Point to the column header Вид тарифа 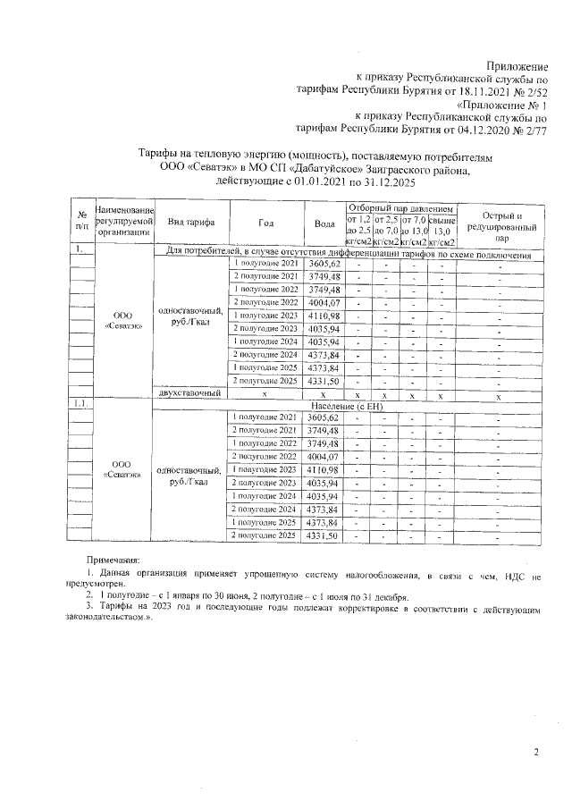coord(189,223)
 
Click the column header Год coord(265,223)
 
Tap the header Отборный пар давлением coord(401,207)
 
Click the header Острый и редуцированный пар coord(501,228)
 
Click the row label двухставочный coord(189,393)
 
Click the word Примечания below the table coord(113,558)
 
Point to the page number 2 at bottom coord(536,752)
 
